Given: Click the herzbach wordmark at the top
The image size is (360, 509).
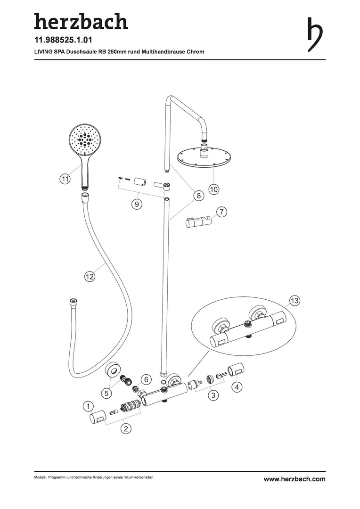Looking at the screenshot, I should click(x=81, y=22).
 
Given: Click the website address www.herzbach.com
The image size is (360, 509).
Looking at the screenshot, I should click(x=295, y=479).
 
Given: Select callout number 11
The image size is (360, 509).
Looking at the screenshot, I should click(x=65, y=179).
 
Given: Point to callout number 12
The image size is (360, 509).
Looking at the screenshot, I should click(x=90, y=277).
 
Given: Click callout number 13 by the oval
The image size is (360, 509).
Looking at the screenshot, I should click(x=295, y=300).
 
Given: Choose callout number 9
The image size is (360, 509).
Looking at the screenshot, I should click(x=137, y=205).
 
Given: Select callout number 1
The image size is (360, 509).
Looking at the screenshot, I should click(x=88, y=406).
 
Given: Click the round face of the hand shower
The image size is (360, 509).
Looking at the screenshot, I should click(x=85, y=139).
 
